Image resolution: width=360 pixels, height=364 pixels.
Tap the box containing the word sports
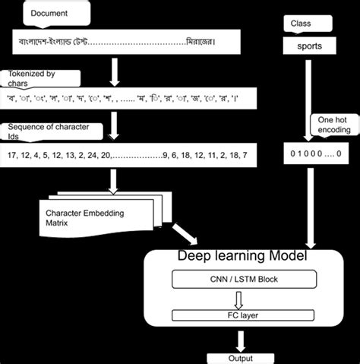309,46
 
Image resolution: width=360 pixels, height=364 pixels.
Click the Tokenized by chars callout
42,78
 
